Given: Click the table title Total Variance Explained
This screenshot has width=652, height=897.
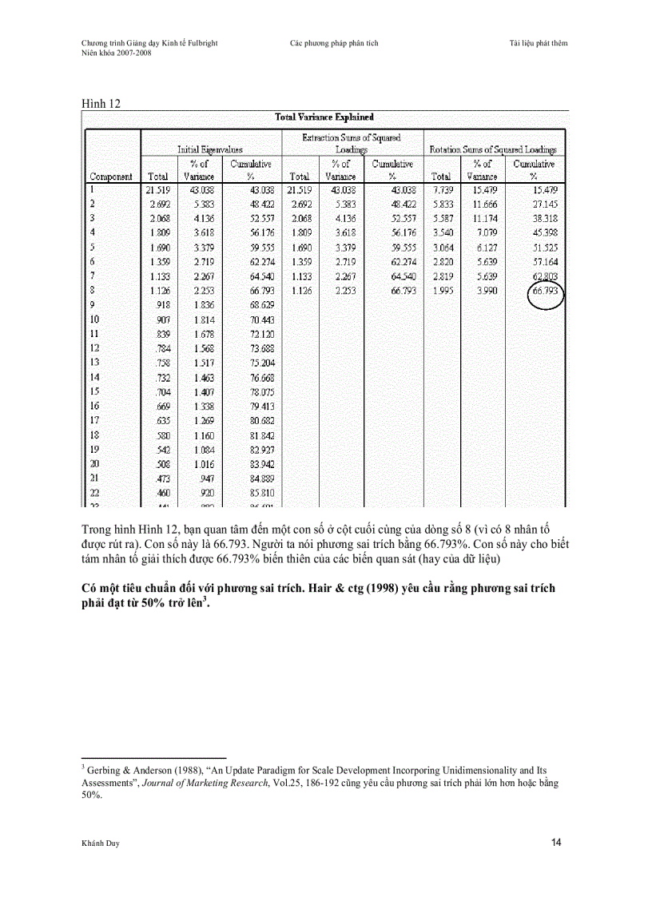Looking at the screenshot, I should click(x=324, y=117).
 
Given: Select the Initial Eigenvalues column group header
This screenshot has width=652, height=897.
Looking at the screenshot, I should click(x=210, y=149).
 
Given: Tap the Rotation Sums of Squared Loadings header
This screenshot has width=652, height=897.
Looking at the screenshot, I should click(x=493, y=149).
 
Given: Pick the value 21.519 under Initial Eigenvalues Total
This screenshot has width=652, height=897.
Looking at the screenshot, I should click(x=157, y=190).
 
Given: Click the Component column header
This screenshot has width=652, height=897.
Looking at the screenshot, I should click(x=111, y=177).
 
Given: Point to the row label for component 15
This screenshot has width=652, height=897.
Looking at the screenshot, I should click(x=94, y=391).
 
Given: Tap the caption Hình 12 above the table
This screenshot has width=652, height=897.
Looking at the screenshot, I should click(x=101, y=104).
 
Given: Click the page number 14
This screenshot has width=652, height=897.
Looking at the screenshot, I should click(x=556, y=843).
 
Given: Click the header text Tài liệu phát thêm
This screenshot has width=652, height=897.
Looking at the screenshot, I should click(x=538, y=43).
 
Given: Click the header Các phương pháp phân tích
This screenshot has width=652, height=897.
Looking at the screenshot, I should click(x=334, y=43).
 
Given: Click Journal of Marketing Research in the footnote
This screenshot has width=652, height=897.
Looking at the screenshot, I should click(x=206, y=783).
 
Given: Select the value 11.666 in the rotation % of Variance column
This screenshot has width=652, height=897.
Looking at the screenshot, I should click(x=482, y=204).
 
